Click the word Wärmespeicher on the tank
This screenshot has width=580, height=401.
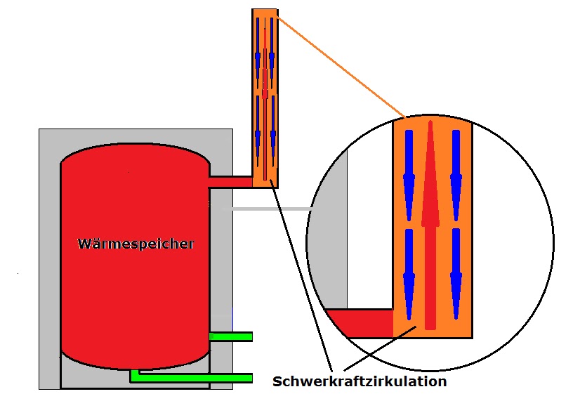pyautogui.click(x=136, y=244)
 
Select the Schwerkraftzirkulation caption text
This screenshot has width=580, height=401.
pyautogui.click(x=360, y=382)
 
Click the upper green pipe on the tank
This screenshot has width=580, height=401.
pyautogui.click(x=231, y=336)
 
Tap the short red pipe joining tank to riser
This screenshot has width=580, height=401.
pyautogui.click(x=230, y=181)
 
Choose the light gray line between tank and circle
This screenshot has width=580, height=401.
pyautogui.click(x=267, y=209)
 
